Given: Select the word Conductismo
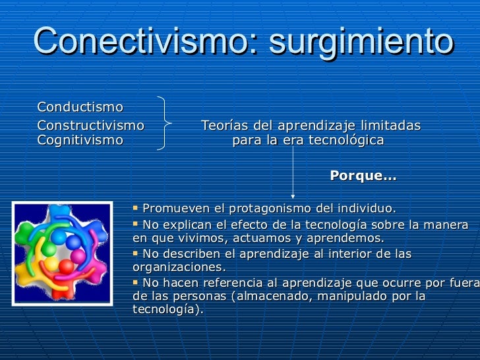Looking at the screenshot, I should pyautogui.click(x=80, y=107).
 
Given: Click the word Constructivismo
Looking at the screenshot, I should pyautogui.click(x=91, y=125).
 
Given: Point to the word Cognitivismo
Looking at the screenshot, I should pyautogui.click(x=80, y=140).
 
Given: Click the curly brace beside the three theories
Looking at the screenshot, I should pyautogui.click(x=165, y=124).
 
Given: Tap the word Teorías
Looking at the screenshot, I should pyautogui.click(x=222, y=125).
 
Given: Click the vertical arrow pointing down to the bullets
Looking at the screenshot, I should pyautogui.click(x=293, y=171).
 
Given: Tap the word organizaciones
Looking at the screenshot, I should pyautogui.click(x=179, y=268).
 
